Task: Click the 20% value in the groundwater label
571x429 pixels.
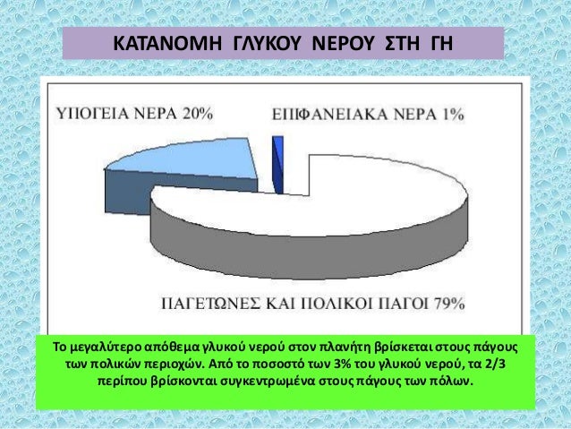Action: click(x=195, y=113)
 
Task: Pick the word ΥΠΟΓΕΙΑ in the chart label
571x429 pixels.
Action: click(x=89, y=113)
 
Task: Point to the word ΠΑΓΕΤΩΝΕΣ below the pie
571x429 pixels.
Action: click(x=208, y=303)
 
